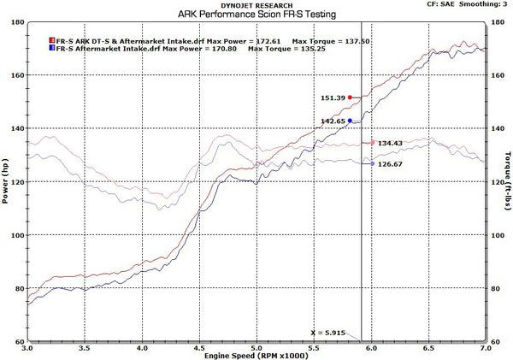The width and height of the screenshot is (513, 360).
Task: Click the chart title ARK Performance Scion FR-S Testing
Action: [256, 15]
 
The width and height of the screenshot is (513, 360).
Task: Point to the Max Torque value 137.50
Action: [347, 41]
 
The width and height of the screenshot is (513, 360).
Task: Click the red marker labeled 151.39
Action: [351, 97]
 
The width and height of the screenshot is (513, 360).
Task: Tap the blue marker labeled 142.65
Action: [351, 121]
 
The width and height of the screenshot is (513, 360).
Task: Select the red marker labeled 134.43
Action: [371, 143]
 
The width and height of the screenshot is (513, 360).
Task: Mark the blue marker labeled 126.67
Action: [371, 163]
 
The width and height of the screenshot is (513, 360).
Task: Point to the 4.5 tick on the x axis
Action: [199, 349]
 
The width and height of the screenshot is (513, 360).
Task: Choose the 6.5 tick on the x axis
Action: [429, 349]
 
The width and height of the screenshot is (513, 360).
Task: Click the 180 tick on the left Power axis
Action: [16, 21]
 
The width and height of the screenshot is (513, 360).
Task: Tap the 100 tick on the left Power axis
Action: [16, 235]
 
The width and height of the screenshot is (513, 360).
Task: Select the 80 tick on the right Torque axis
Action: [497, 289]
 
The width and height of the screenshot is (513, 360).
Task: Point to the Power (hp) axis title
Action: [6, 181]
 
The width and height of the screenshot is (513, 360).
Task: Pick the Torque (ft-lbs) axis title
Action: [508, 181]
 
